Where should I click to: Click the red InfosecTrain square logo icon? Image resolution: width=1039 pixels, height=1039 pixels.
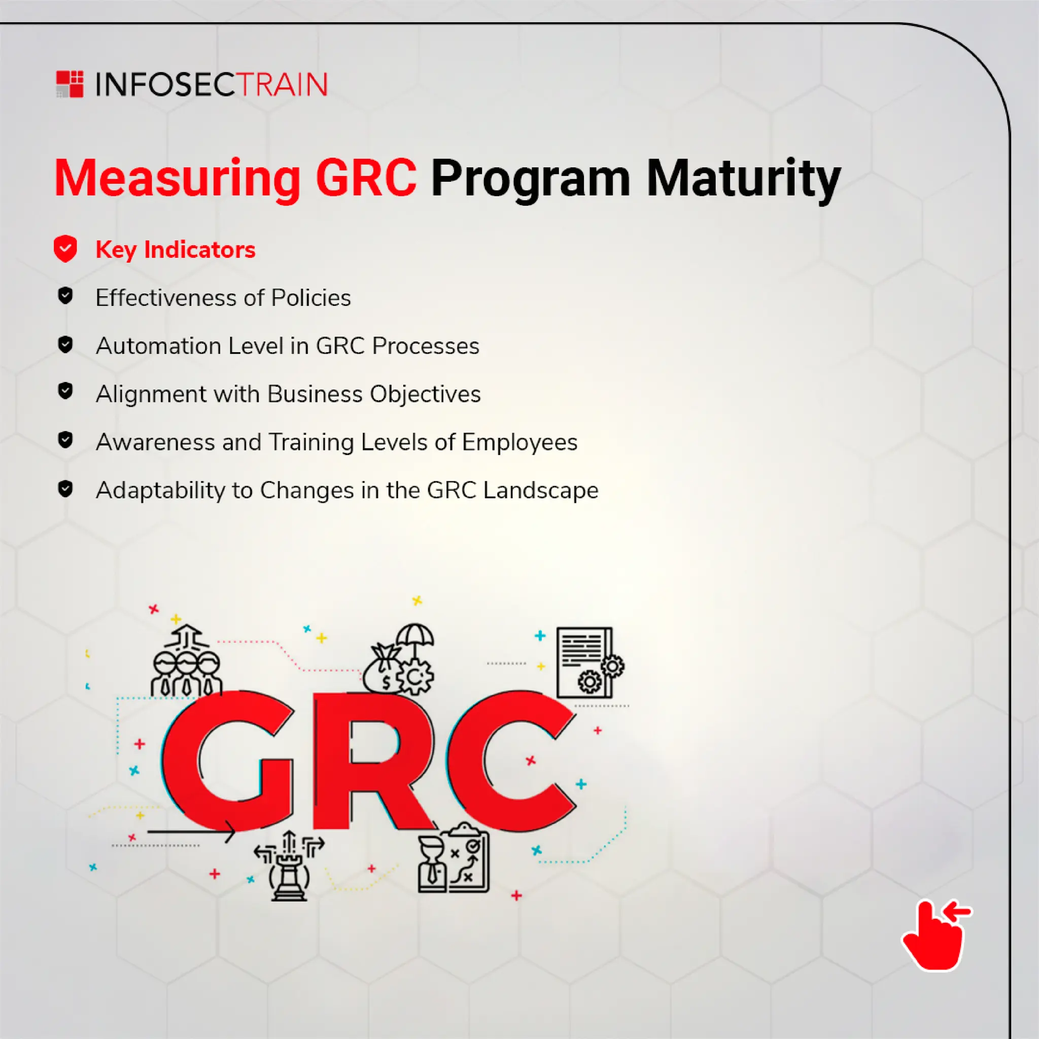[70, 84]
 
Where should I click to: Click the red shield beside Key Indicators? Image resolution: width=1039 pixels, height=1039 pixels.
[65, 249]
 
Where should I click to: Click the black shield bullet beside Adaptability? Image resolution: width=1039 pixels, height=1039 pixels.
[65, 489]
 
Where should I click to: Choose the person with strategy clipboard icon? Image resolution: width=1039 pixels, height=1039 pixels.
[454, 858]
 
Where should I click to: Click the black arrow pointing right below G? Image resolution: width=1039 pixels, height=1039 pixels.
[191, 832]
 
